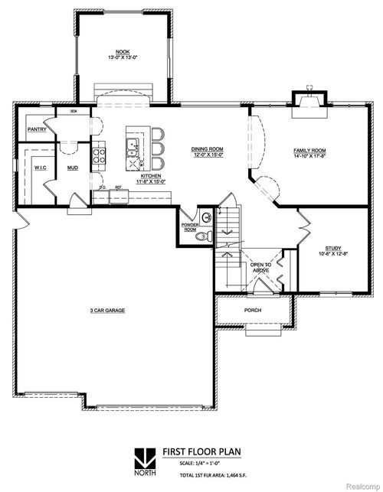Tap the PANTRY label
tap(37, 129)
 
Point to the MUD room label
tap(72, 167)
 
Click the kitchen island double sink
tap(133, 145)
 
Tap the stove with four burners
tap(99, 157)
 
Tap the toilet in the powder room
tap(201, 236)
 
